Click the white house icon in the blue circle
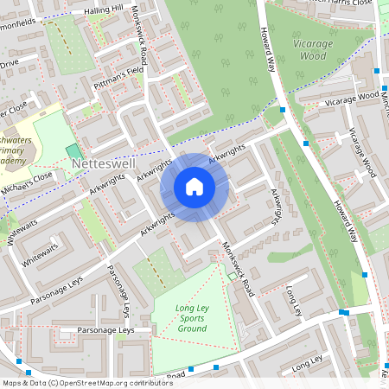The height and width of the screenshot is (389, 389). [x=194, y=187]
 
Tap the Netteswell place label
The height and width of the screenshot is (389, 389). [x=103, y=163]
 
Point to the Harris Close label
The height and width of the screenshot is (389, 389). [x=346, y=3]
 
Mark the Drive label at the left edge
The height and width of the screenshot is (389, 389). [x=9, y=63]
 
